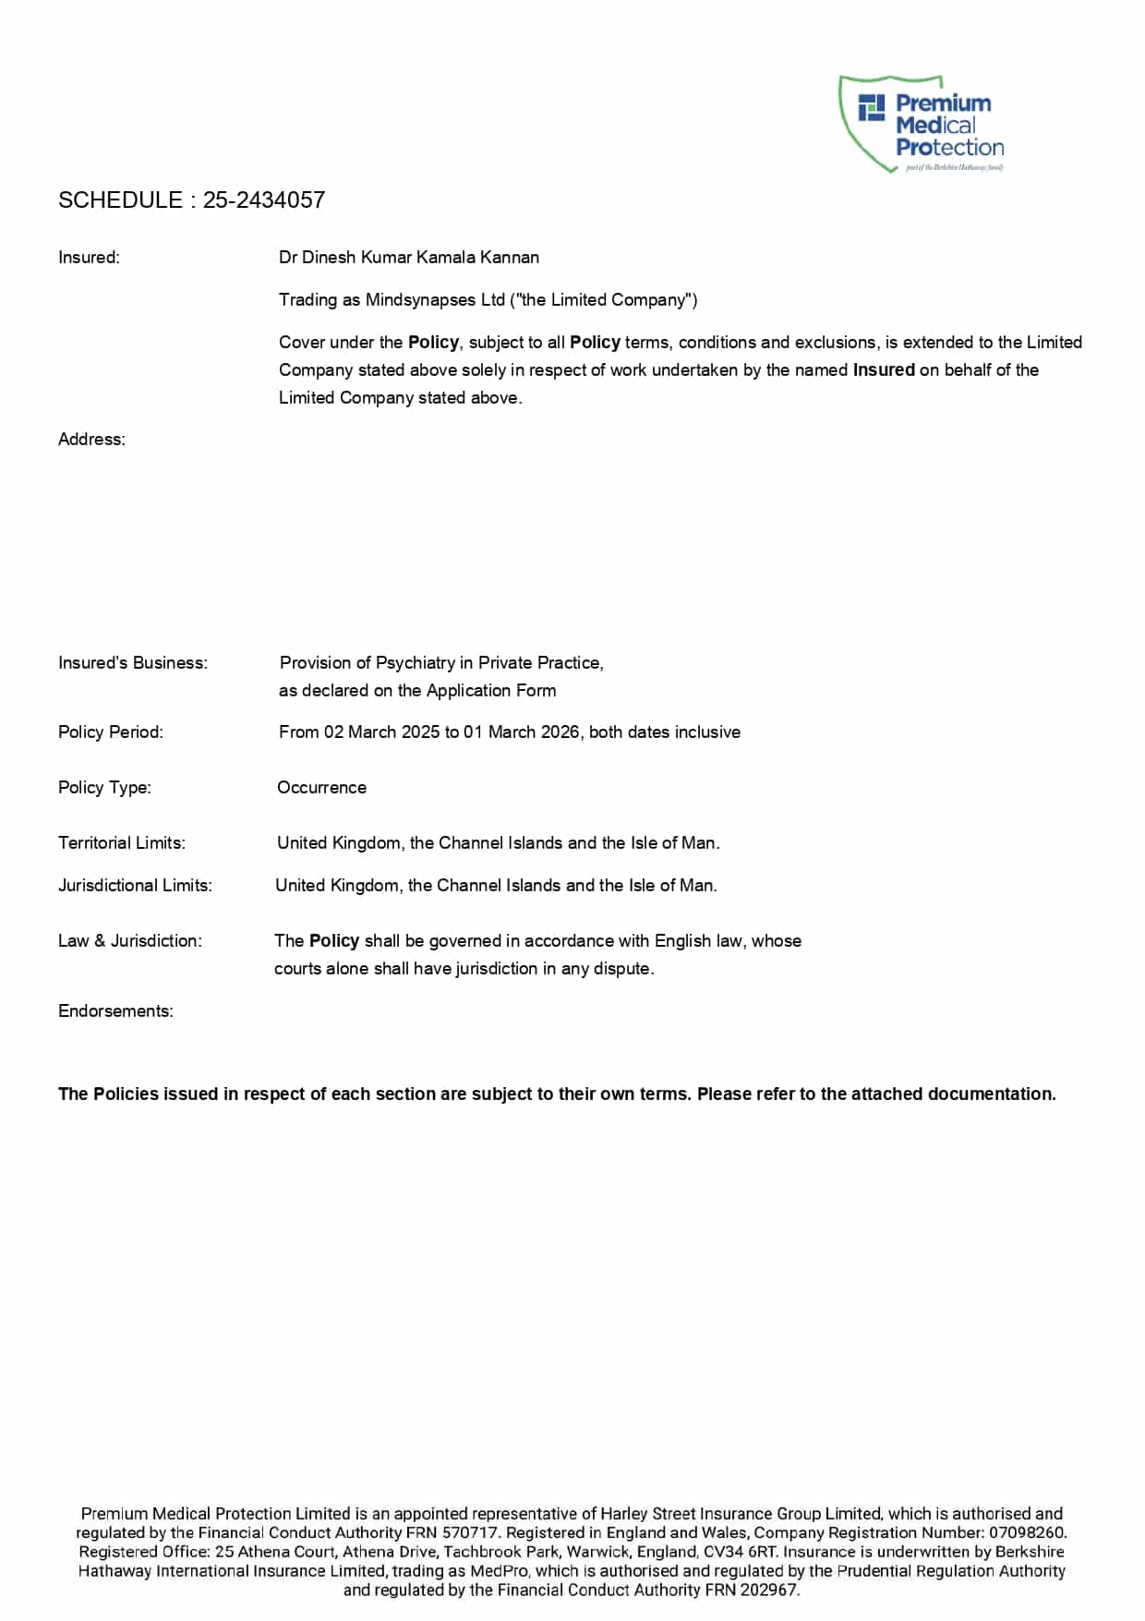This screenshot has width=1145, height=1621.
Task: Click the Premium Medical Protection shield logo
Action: pyautogui.click(x=921, y=125)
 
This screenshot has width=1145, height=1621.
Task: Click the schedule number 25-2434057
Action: pyautogui.click(x=264, y=200)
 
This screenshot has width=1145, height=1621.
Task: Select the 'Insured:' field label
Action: pyautogui.click(x=89, y=258)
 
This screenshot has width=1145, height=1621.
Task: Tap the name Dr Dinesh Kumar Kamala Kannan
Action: pyautogui.click(x=409, y=258)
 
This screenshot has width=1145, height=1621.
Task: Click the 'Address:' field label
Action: pyautogui.click(x=91, y=440)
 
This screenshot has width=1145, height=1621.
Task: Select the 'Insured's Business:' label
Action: pyautogui.click(x=133, y=663)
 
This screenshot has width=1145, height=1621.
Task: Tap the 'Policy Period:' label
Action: pyautogui.click(x=111, y=732)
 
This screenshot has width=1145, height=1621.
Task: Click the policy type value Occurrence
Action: pyautogui.click(x=321, y=788)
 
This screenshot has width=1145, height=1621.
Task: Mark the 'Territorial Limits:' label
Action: pyautogui.click(x=122, y=843)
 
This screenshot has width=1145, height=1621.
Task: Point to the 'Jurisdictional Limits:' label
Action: pyautogui.click(x=135, y=886)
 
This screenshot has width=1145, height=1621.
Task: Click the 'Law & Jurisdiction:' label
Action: pyautogui.click(x=130, y=941)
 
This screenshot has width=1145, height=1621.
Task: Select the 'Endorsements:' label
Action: pyautogui.click(x=115, y=1011)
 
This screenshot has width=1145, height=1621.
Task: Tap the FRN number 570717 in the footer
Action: pyautogui.click(x=470, y=1532)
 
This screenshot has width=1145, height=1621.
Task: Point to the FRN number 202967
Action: pyautogui.click(x=768, y=1590)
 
